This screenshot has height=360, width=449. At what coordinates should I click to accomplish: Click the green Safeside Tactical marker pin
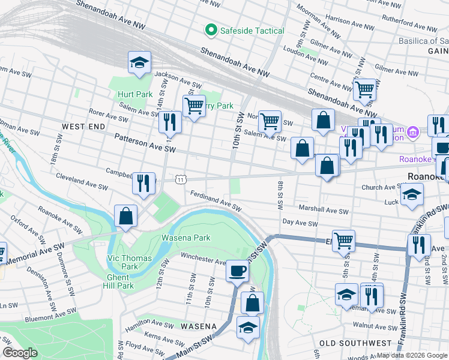pyautogui.click(x=211, y=30)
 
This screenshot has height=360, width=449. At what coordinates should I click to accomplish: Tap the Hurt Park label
pyautogui.click(x=135, y=94)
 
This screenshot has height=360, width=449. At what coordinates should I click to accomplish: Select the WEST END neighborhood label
pyautogui.click(x=83, y=127)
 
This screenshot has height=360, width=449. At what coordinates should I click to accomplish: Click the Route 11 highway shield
pyautogui.click(x=180, y=179)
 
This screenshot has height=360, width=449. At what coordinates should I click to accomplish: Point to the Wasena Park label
pyautogui.click(x=185, y=238)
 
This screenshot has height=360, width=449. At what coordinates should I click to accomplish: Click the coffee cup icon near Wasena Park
pyautogui.click(x=237, y=271)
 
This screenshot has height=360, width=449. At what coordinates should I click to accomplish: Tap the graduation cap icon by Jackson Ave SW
pyautogui.click(x=139, y=63)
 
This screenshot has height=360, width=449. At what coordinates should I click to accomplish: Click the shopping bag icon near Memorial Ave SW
pyautogui.click(x=126, y=217)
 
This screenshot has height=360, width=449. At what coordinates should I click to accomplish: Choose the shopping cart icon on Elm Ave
pyautogui.click(x=343, y=241)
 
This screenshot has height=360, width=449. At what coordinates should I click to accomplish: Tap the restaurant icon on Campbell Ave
pyautogui.click(x=143, y=184)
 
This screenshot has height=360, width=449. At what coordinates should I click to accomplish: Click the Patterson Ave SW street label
pyautogui.click(x=145, y=142)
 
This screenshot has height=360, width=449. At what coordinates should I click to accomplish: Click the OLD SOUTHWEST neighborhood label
pyautogui.click(x=355, y=343)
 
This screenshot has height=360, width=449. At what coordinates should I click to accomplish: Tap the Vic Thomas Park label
pyautogui.click(x=129, y=262)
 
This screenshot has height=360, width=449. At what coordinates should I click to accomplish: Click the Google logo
pyautogui.click(x=20, y=353)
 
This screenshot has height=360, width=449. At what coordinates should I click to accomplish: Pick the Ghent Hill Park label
pyautogui.click(x=118, y=281)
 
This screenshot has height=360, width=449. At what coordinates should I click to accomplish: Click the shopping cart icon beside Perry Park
pyautogui.click(x=194, y=107)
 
